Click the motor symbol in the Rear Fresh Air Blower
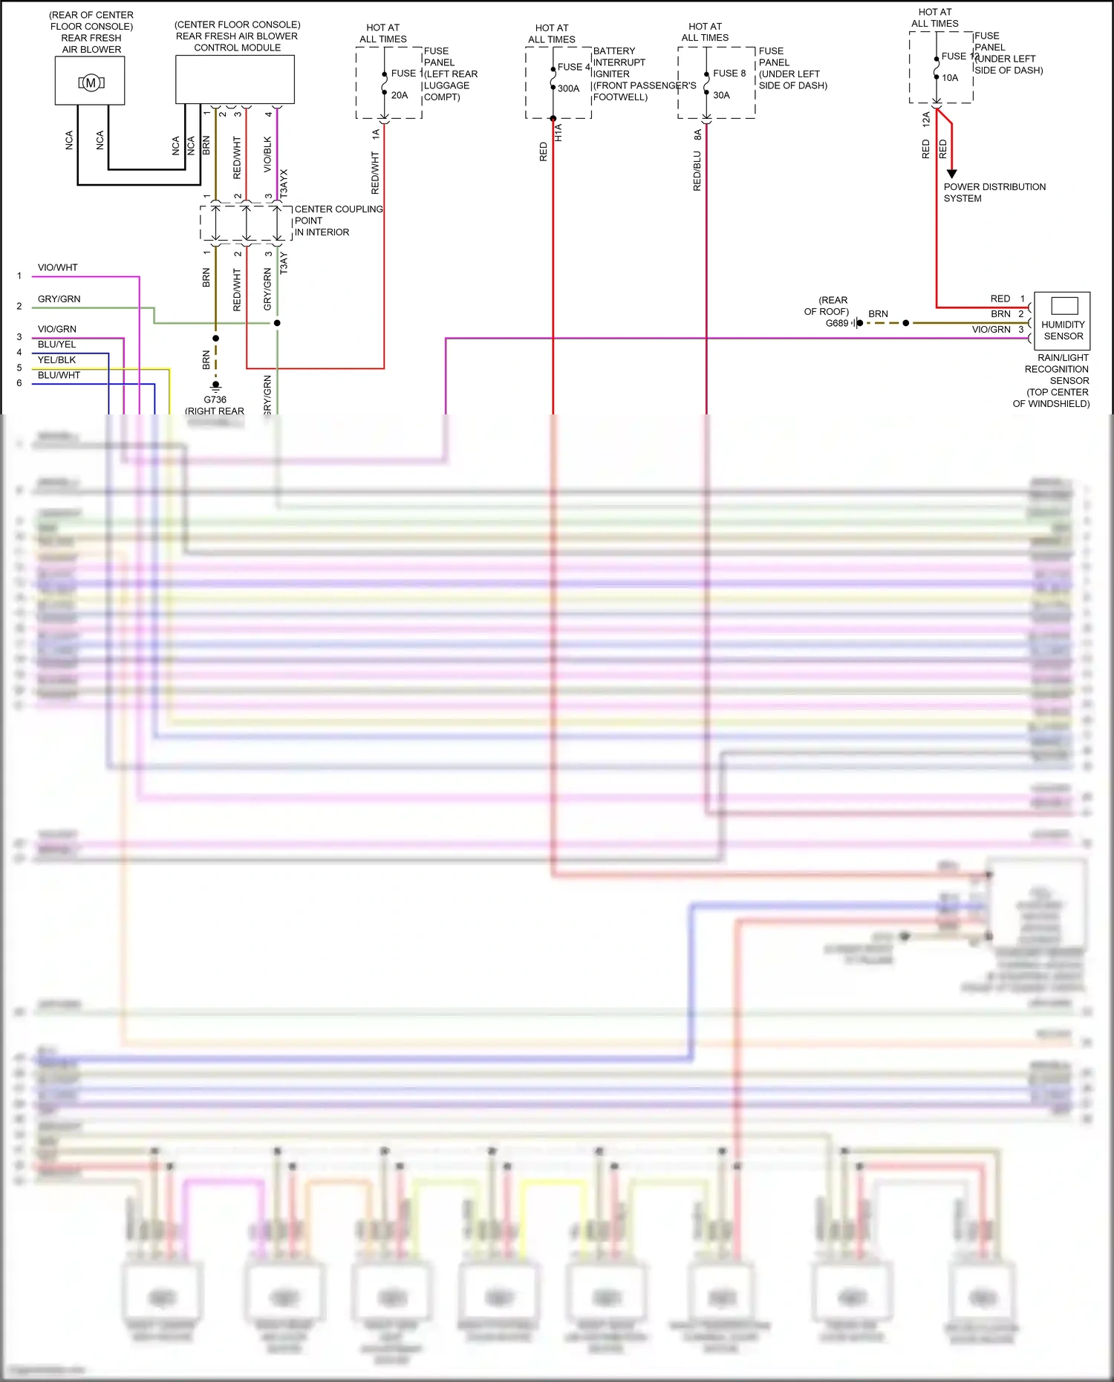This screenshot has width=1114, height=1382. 91,82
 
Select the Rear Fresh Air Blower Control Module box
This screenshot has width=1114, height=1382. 235,79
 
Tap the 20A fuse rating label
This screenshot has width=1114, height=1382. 400,95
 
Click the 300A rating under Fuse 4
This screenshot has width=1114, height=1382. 568,88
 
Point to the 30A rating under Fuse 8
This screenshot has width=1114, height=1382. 721,95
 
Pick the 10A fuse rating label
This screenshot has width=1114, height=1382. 950,77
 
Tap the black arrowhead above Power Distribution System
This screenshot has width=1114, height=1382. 951,173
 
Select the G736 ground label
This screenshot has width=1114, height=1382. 215,400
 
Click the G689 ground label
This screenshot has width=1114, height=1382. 837,323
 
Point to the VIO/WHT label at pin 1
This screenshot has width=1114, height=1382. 58,267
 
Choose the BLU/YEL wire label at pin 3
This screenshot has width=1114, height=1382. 57,344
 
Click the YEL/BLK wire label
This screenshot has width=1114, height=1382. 57,359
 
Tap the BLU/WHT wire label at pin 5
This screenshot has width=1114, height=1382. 59,375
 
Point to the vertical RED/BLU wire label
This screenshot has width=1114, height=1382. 697,171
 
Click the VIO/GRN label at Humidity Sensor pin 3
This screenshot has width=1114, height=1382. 991,329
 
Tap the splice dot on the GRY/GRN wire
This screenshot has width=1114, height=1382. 277,323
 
